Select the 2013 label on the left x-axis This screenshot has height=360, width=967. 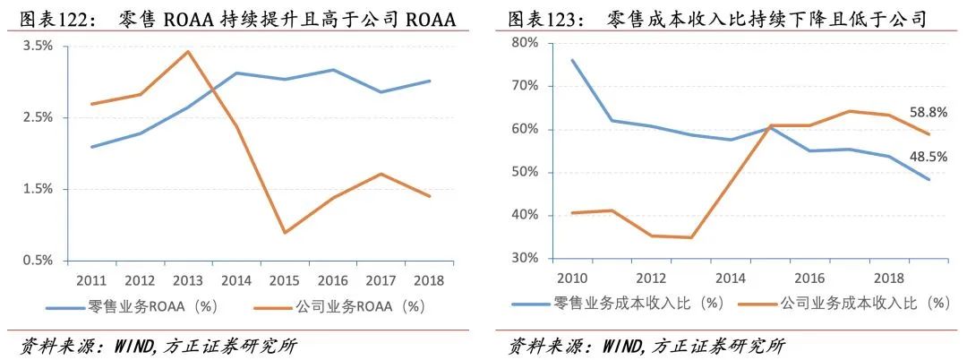pos(187,279)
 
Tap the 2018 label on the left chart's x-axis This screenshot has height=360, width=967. pos(429,279)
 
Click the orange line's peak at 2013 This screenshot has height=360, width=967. pos(187,51)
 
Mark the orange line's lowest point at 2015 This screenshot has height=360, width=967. pos(285,233)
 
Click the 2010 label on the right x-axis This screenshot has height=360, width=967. pos(572,278)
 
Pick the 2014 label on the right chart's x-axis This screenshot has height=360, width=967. pos(731,278)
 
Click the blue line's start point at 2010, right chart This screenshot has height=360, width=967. pos(572,60)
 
